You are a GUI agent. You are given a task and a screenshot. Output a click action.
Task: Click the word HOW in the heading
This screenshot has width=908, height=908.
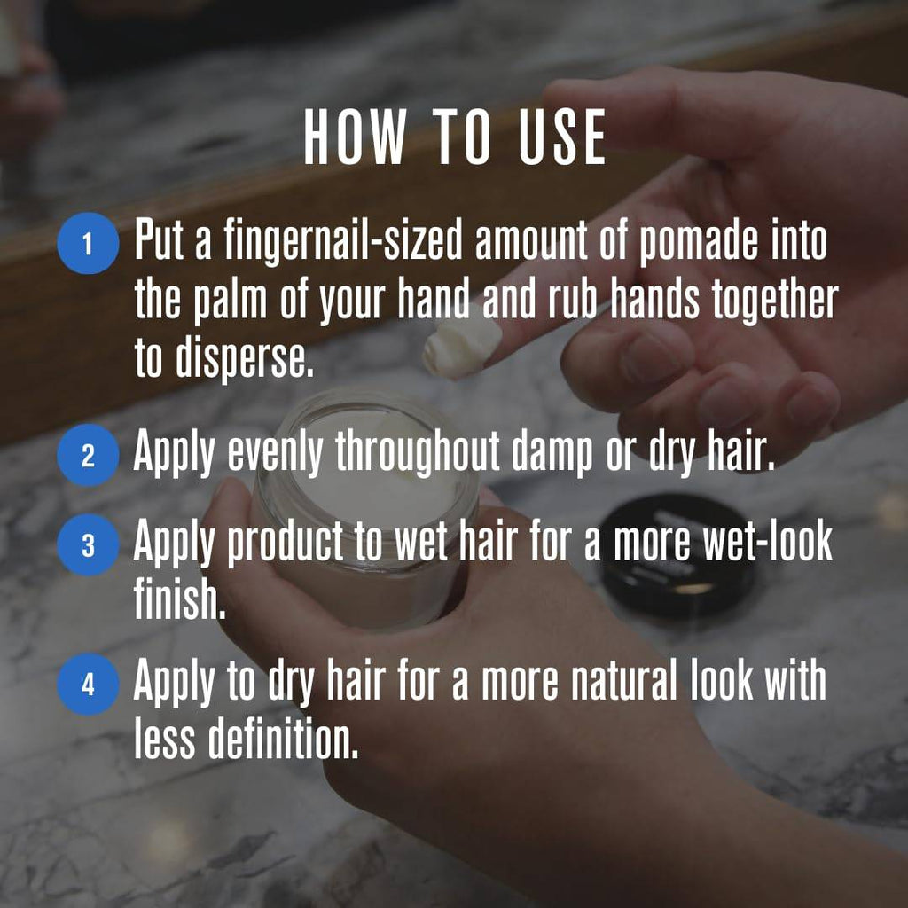click(354, 137)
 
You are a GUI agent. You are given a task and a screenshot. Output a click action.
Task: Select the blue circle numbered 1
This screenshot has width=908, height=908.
click(88, 243)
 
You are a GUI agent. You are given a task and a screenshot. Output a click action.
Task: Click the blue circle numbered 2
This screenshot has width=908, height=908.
click(88, 455)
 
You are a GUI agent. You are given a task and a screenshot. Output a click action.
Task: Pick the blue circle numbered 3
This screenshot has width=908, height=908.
click(88, 545)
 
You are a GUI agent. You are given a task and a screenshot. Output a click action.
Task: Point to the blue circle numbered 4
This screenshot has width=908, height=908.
click(88, 685)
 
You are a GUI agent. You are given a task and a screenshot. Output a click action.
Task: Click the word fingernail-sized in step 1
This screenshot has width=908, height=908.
click(343, 242)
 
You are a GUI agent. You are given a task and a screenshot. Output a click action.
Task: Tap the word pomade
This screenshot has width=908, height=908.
click(698, 243)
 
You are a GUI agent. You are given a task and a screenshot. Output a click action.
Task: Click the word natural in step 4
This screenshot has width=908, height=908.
click(624, 681)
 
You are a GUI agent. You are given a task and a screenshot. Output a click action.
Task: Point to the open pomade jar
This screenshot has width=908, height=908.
click(367, 510)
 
